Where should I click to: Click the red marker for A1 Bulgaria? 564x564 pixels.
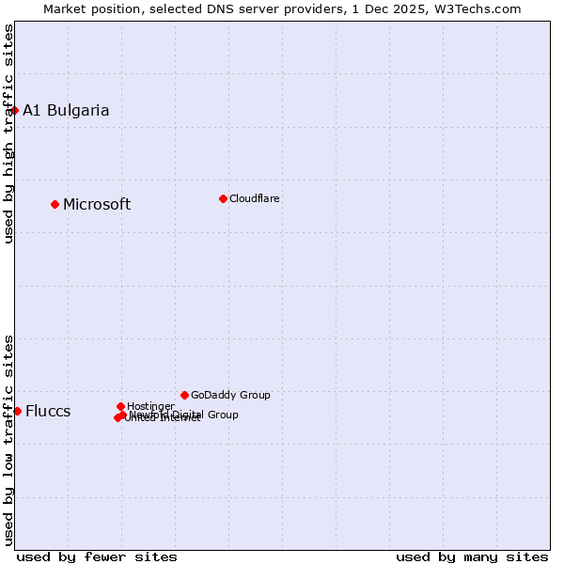14,110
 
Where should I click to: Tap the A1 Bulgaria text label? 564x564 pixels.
66,110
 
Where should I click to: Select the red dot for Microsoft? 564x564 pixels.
55,204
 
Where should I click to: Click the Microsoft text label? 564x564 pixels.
97,204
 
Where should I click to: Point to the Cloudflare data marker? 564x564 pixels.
223,198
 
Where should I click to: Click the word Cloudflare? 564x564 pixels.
255,198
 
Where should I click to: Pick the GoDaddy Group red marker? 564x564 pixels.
184,395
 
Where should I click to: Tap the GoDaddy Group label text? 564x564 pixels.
230,395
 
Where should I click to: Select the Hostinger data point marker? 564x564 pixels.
120,406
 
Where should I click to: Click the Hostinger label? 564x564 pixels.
150,406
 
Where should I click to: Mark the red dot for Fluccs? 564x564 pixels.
17,411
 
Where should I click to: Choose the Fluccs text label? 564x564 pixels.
48,411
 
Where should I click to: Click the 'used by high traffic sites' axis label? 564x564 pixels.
8,133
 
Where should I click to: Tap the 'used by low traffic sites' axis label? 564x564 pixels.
8,440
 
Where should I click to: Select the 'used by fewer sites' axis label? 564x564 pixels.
97,556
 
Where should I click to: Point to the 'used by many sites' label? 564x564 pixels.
472,556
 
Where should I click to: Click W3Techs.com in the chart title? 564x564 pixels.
480,8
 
